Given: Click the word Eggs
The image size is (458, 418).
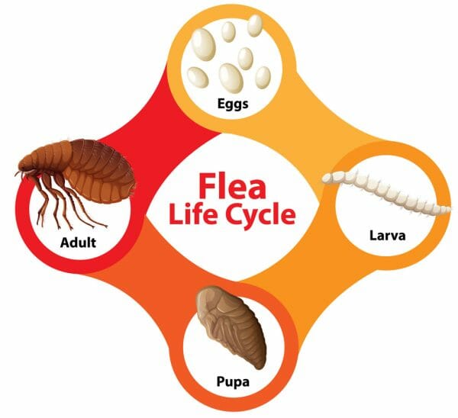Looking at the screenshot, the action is [233, 104].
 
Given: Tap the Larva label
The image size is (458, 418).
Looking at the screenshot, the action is [388, 235].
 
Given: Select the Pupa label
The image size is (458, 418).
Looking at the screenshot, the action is [233, 382].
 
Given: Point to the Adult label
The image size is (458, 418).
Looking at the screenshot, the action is [78, 243].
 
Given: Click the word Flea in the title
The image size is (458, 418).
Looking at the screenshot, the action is [233, 185].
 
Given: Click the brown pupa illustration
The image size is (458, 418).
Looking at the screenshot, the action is [231, 326].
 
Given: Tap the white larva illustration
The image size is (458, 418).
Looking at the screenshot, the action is [385, 191].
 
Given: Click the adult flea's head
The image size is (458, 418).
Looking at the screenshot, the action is [25, 165].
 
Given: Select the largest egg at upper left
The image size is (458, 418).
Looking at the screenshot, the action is [203, 44].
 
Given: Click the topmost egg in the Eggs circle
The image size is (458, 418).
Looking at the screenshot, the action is [255, 25].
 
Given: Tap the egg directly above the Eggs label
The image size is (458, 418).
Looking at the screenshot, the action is [231, 78].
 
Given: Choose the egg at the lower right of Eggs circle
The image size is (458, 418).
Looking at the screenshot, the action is [263, 77].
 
